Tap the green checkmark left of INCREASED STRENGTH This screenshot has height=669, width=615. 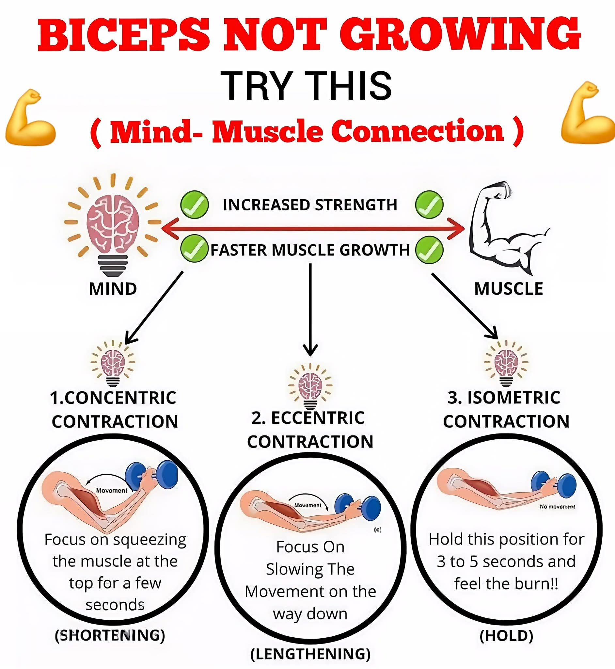194,204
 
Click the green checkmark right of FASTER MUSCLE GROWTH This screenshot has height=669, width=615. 429,250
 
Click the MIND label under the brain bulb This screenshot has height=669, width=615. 113,289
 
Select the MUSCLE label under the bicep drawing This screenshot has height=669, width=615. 509,288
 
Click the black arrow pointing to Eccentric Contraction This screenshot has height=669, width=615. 310,310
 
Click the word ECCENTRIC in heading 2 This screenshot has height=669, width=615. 318,418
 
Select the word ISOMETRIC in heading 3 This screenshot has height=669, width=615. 514,398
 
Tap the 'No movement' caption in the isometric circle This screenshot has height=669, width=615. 558,507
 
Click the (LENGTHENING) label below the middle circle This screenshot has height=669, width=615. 310,654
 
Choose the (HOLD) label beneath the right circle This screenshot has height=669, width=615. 506,636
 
